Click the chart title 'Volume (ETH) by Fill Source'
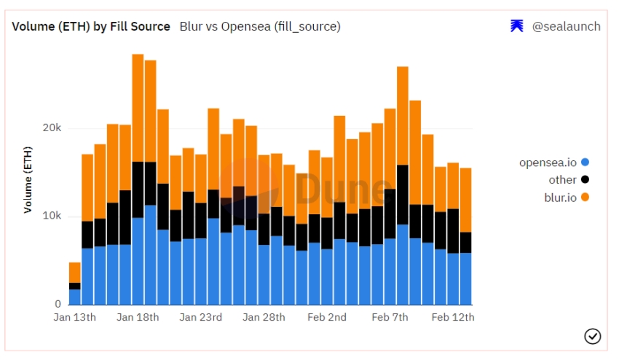point(91,26)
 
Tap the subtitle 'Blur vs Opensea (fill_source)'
point(260,26)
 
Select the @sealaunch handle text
point(566,26)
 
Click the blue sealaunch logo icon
point(517,26)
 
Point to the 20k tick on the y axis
point(52,128)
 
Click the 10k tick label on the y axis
point(52,216)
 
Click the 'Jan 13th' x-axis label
point(75,317)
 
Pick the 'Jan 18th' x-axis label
point(138,317)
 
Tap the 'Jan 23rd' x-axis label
point(201,317)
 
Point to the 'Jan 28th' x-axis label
point(264,317)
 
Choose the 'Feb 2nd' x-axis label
point(327,317)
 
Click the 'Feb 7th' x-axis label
point(390,317)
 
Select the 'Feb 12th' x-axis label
point(453,317)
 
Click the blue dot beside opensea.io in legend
point(586,163)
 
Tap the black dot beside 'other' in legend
point(586,180)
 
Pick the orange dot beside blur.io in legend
point(586,197)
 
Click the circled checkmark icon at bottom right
point(593,336)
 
